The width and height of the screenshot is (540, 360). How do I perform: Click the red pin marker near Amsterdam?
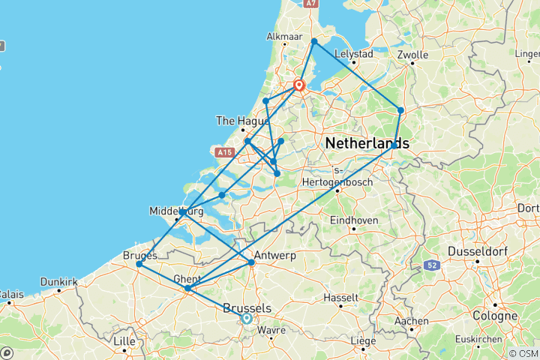click(x=298, y=85)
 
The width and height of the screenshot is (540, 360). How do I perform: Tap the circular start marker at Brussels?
click(x=246, y=318)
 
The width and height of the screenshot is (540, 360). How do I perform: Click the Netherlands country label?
click(x=367, y=142)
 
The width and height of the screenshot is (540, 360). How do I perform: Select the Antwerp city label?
click(x=276, y=256)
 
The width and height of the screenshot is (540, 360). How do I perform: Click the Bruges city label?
click(x=139, y=256)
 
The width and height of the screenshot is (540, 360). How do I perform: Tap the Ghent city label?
click(x=186, y=278)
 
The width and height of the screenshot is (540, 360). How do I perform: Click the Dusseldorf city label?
click(x=479, y=250)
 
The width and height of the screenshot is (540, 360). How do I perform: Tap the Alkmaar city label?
click(x=286, y=36)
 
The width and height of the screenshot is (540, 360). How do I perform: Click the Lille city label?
click(x=124, y=341)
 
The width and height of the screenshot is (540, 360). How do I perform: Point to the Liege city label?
click(x=363, y=341)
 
